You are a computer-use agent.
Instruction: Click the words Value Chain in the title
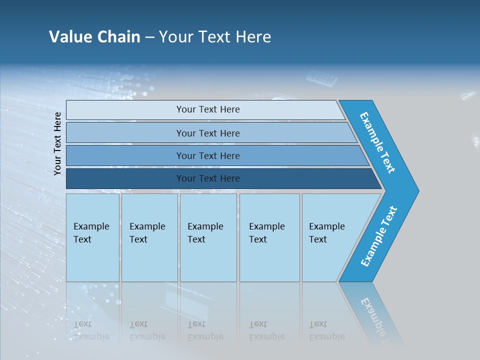coord(94,37)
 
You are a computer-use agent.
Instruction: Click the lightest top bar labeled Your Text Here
coord(207,109)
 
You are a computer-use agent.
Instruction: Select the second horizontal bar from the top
coord(207,133)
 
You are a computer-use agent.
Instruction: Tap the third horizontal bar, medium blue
coord(207,155)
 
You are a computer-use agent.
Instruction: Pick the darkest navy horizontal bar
coord(207,178)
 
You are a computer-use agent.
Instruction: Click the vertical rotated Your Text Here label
coord(57,143)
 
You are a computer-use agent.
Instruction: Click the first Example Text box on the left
coord(92,237)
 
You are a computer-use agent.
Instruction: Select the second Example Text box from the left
coord(149,237)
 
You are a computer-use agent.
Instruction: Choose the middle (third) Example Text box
coord(208,237)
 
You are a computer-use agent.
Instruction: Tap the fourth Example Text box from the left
coord(269,237)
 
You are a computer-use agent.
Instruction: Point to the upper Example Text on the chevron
coord(377,142)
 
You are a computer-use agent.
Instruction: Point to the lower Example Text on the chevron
coord(379,236)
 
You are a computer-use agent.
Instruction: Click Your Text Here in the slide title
coord(215,37)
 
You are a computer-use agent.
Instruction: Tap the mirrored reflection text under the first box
coord(91,330)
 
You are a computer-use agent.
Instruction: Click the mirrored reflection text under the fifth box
coord(326,330)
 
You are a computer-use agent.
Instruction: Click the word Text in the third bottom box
coord(196,239)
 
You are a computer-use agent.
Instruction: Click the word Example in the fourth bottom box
coord(266,226)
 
